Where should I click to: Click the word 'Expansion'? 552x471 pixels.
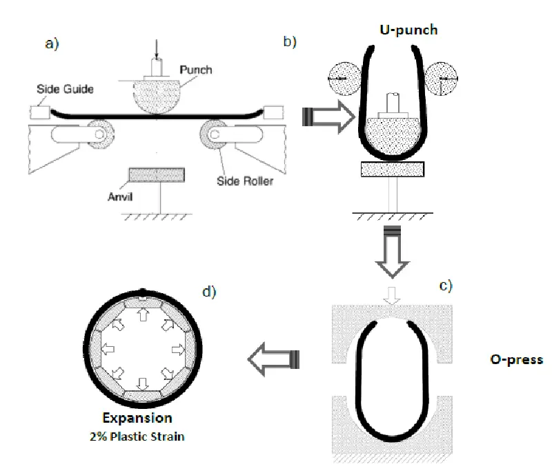(137, 418)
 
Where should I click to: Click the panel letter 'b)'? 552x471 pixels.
(290, 41)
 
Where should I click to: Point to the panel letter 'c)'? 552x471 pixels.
(445, 285)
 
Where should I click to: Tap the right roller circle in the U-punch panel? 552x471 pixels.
(442, 80)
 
